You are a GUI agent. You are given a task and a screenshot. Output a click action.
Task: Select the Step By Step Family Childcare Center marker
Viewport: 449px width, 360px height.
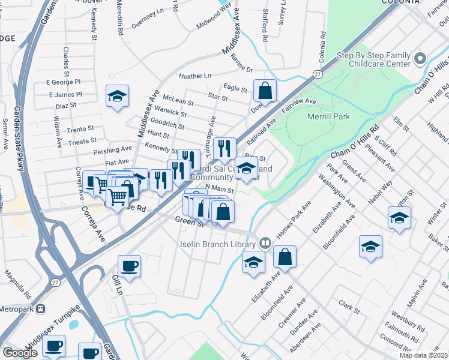(420, 59)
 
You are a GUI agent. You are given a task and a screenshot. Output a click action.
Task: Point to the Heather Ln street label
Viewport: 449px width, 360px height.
(195, 76)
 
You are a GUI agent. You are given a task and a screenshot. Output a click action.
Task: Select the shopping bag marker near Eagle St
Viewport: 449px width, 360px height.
(265, 90)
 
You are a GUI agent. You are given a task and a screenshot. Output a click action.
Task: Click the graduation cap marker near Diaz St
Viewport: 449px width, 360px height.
(118, 96)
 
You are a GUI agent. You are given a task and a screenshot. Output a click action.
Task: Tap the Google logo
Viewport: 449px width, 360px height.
(19, 353)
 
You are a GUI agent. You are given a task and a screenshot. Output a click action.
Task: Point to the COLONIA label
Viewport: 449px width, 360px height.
(400, 2)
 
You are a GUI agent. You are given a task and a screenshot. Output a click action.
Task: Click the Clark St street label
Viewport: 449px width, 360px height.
(348, 307)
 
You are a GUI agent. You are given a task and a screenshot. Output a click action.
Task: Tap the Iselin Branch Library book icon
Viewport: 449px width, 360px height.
(265, 244)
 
